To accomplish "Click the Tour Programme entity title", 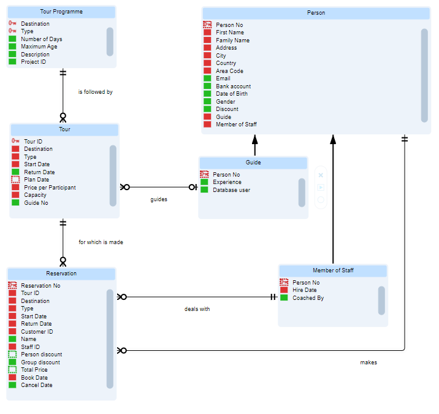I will pos(61,12).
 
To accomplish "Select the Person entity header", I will pos(316,13).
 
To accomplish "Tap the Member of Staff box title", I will pos(333,270).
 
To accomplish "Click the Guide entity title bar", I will pos(253,163).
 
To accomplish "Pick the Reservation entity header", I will pos(61,274).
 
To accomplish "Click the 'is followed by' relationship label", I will pos(95,92).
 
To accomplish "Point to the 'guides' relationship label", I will pos(159,199).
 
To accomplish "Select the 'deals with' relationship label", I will pos(197,309).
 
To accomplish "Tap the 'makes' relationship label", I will pos(368,362).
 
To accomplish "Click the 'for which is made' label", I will pos(101,242).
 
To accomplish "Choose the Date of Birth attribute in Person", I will pos(232,94).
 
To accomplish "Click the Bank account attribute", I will pos(233,86).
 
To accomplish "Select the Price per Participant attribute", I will pos(50,188).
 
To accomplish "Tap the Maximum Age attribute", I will pos(39,47).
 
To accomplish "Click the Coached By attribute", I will pos(308,298).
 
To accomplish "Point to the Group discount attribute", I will pos(40,362).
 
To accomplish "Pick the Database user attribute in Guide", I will pos(231,190).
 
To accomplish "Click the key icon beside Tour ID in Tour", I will pos(15,142).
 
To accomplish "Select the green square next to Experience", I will pos(205,182).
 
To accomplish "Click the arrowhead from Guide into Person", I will pos(255,140).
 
